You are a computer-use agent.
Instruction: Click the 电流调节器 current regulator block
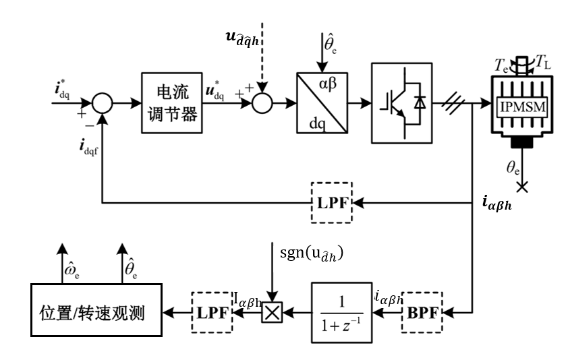coord(171,104)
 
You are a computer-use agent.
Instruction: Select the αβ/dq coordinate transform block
coord(322,104)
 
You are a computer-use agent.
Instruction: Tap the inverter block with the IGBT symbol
coord(401,104)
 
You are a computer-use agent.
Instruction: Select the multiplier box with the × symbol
coord(272,312)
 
